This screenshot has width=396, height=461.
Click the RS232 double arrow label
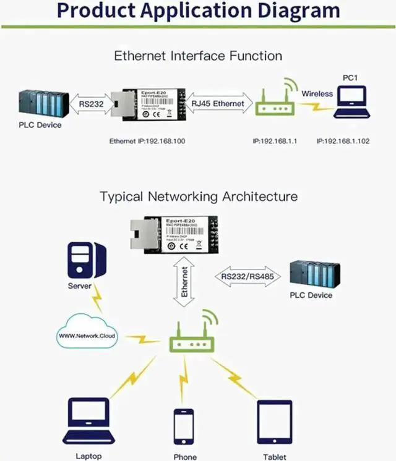coord(92,104)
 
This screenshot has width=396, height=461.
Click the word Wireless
coord(317,94)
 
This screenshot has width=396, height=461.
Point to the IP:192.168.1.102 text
coord(343,142)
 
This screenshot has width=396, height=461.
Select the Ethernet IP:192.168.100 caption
coord(148,142)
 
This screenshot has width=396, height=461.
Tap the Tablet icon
coord(274,424)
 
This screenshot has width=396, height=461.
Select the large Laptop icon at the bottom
coord(88,421)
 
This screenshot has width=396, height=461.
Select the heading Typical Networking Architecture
coord(199,197)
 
